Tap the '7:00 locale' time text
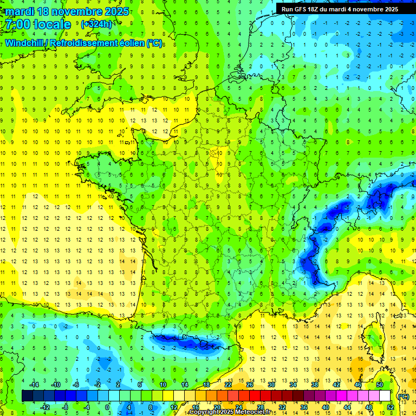[x=37, y=24]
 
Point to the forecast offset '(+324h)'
[x=96, y=24]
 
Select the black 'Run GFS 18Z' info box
[x=340, y=9]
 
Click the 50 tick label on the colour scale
[x=380, y=385]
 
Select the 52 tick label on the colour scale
[x=391, y=407]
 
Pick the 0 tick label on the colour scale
[x=107, y=407]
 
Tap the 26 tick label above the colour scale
[x=250, y=385]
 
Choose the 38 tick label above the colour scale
[x=315, y=385]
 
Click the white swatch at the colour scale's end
[x=385, y=396]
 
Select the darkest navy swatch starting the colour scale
[x=27, y=396]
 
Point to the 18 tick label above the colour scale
[x=206, y=385]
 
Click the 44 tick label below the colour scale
[x=347, y=407]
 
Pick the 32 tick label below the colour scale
[x=282, y=407]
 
